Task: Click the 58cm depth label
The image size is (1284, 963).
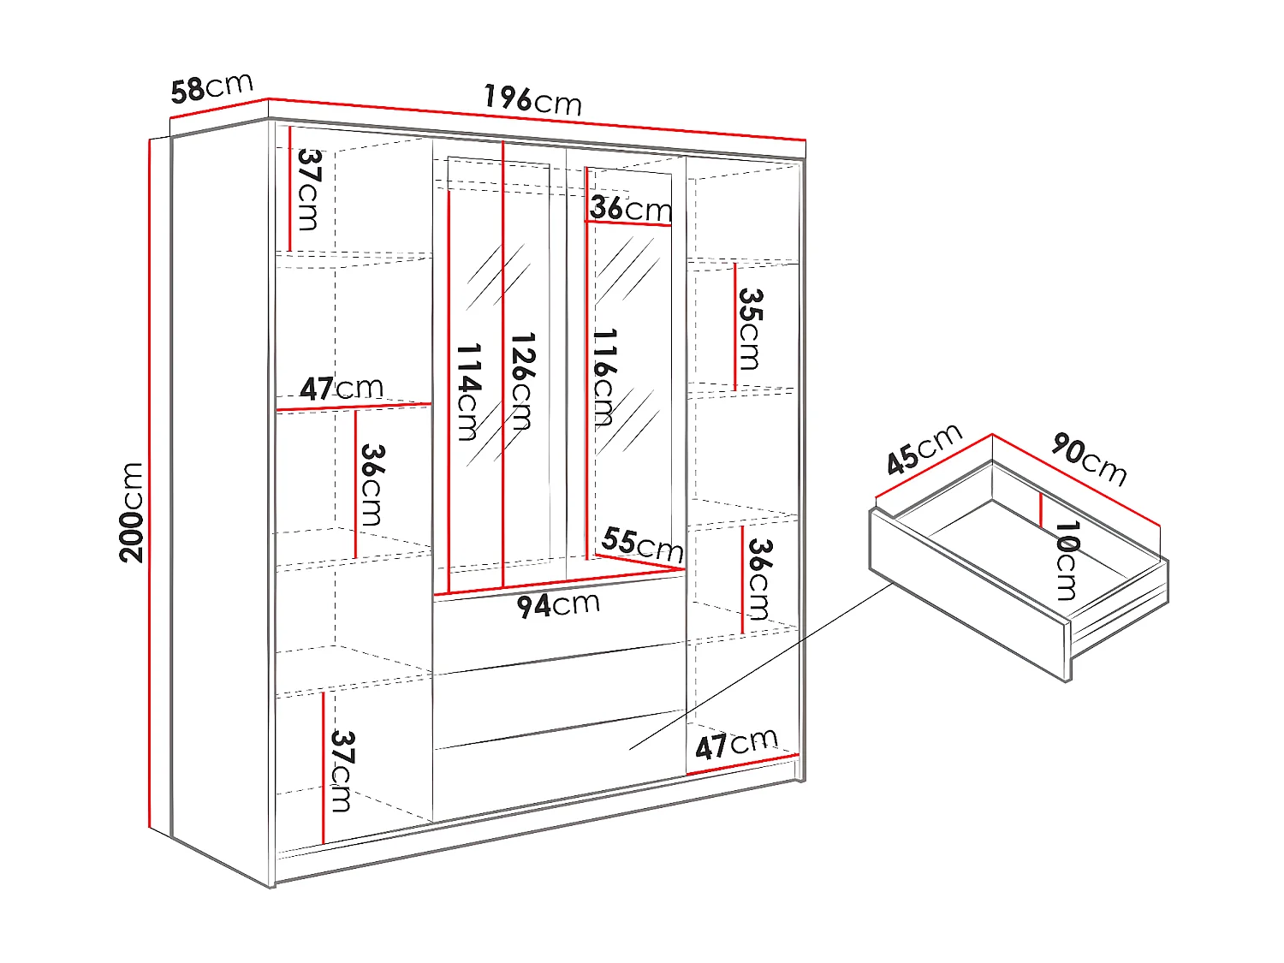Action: coord(211,87)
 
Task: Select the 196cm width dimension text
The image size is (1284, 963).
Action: coord(532,100)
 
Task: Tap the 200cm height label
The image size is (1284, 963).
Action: coord(132,511)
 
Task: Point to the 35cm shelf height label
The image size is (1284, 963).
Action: coord(750,329)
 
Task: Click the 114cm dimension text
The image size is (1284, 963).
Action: coord(468,391)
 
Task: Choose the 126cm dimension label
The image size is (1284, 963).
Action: coord(521,380)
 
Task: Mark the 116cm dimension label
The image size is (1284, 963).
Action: coord(603,377)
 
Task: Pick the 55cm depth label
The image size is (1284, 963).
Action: coord(642,544)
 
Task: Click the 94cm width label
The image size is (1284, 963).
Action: coord(558,605)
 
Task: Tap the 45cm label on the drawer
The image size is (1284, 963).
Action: coord(924,449)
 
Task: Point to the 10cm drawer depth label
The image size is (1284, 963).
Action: coord(1067,561)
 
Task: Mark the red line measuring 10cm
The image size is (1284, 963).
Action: coord(1041,510)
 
